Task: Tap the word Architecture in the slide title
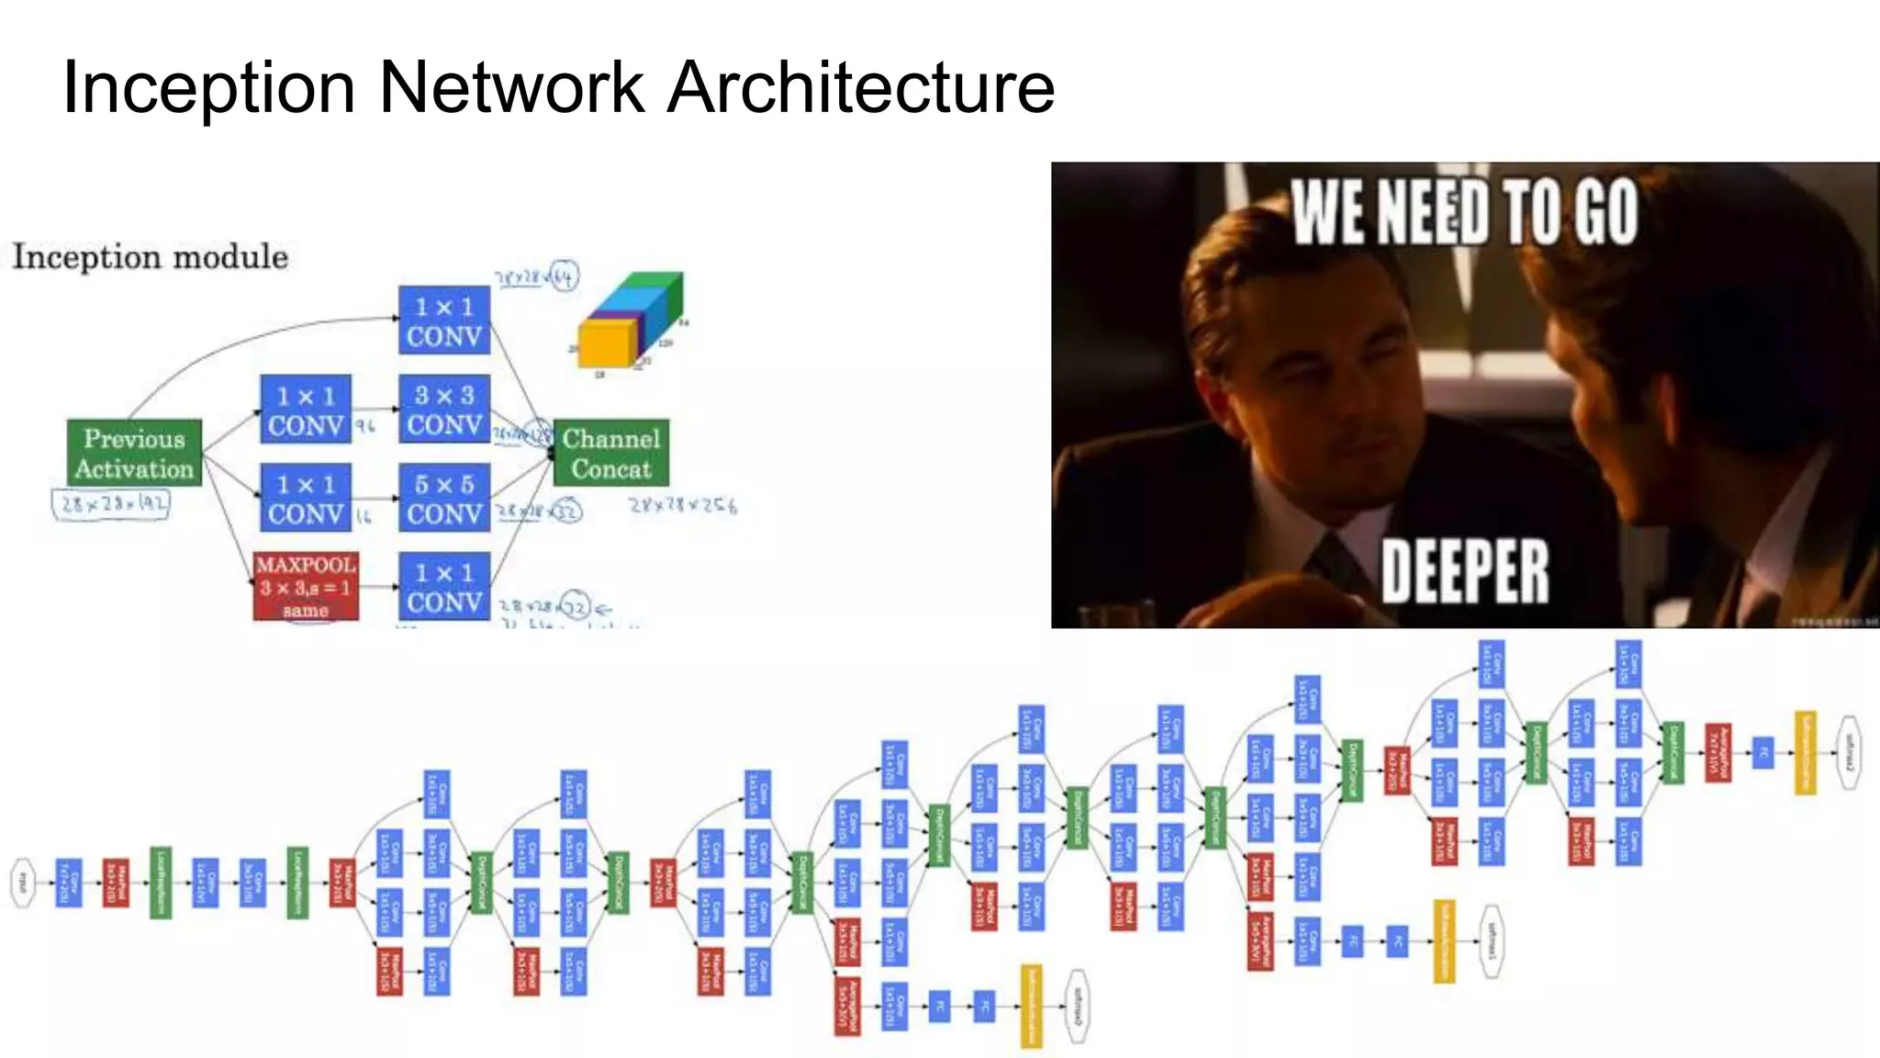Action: tap(861, 88)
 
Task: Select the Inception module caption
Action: tap(151, 256)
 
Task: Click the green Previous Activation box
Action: tap(134, 453)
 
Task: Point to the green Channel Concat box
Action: tap(611, 453)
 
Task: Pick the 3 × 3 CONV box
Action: tap(444, 410)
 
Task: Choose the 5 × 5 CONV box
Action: tap(444, 498)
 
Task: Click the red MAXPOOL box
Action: tap(306, 586)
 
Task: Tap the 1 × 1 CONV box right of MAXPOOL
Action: tap(444, 586)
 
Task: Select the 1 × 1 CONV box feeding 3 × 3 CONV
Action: tap(306, 410)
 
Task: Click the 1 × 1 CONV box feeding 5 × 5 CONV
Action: tap(306, 498)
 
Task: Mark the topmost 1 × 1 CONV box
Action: tap(444, 321)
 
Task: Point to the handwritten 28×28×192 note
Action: tap(112, 504)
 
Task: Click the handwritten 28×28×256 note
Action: tap(683, 505)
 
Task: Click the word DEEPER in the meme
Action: tap(1465, 571)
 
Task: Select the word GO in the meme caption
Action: tap(1606, 212)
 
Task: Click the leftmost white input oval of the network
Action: tap(23, 884)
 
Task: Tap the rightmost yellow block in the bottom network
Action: tap(1805, 753)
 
